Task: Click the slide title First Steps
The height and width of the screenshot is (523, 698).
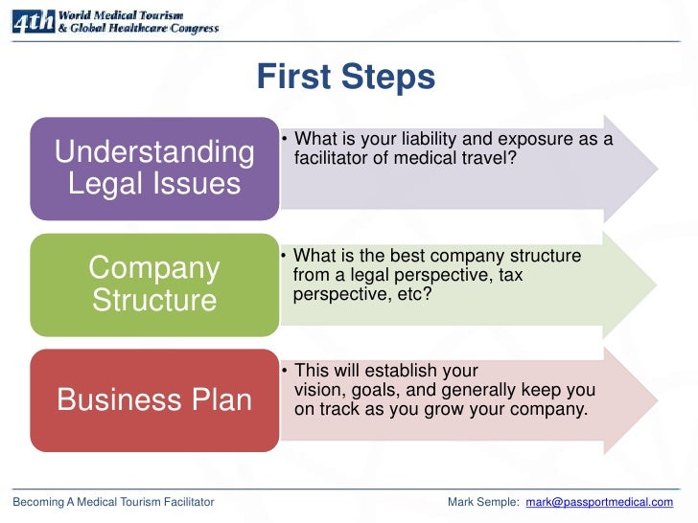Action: point(345,76)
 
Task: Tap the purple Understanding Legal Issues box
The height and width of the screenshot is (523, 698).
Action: point(153,168)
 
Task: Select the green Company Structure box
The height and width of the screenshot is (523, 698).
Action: point(153,284)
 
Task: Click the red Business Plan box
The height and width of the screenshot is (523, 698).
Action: point(153,399)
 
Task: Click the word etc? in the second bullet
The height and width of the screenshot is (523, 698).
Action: point(410,294)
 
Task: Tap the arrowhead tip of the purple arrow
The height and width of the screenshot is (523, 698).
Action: point(657,168)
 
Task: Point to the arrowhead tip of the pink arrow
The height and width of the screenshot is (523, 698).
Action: point(657,399)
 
